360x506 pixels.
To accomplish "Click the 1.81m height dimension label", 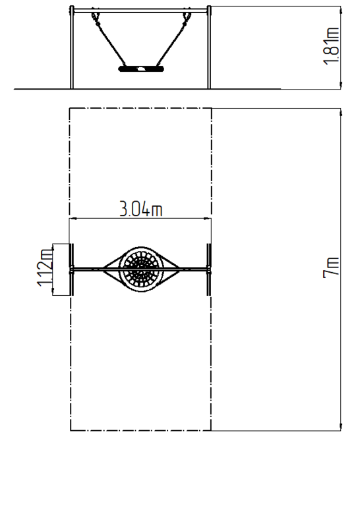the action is click(331, 46).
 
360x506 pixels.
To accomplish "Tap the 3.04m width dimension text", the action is click(141, 209).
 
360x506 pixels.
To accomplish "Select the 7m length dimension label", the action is click(331, 267).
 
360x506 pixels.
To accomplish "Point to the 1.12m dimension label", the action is click(45, 267).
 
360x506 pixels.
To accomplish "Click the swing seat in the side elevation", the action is click(142, 69).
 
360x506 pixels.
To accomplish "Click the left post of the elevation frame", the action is click(72, 47).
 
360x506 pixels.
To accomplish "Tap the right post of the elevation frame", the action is click(209, 47).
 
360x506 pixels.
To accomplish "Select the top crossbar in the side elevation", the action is click(140, 11).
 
